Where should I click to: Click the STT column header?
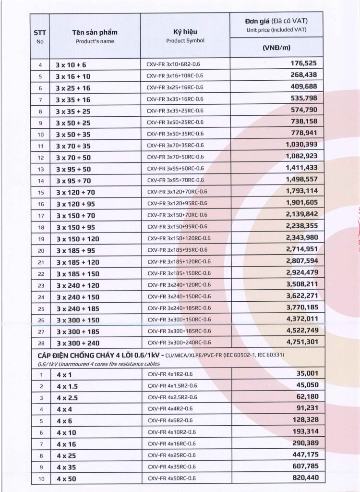click(x=39, y=33)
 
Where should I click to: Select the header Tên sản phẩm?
click(x=95, y=33)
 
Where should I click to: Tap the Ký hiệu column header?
click(x=185, y=33)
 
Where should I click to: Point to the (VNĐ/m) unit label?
click(x=276, y=48)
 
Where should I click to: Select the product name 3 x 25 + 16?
click(x=72, y=88)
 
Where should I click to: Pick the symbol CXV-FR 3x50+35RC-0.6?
click(x=175, y=134)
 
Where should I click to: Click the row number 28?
click(x=40, y=343)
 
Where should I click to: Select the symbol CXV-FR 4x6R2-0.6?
click(x=170, y=420)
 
